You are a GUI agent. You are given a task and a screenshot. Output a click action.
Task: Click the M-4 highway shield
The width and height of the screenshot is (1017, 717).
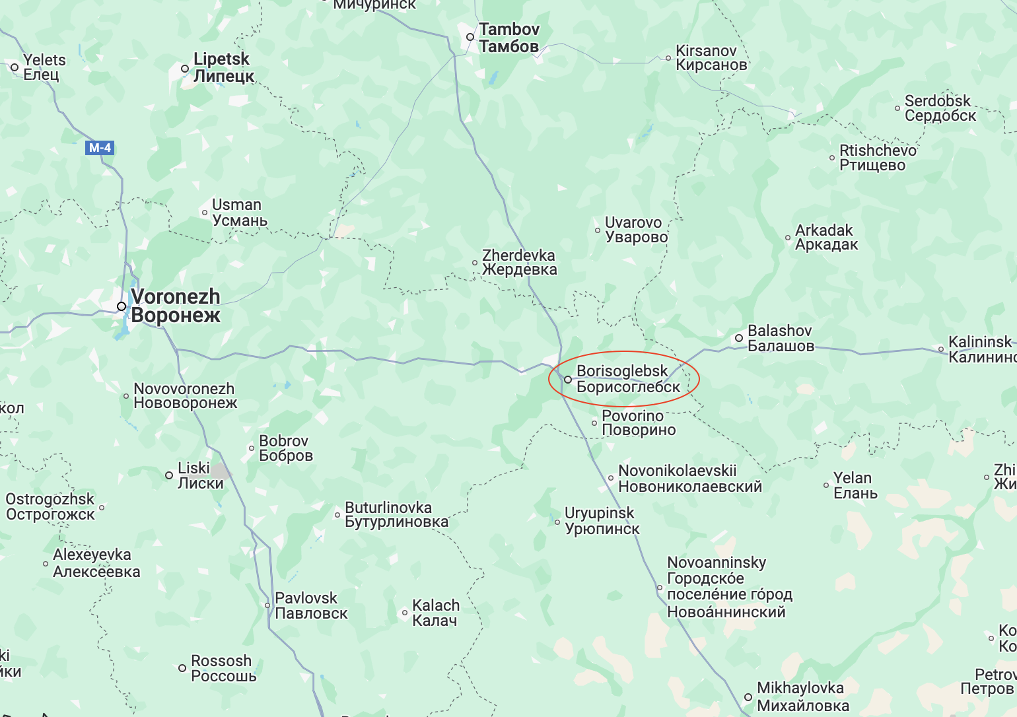[x=100, y=148]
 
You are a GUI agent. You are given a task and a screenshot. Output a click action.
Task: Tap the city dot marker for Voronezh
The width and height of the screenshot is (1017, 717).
[x=122, y=306]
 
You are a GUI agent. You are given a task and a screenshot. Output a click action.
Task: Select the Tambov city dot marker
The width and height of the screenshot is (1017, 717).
[x=470, y=37]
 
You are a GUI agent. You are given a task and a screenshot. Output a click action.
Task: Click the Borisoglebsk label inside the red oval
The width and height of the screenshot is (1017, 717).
[x=627, y=379]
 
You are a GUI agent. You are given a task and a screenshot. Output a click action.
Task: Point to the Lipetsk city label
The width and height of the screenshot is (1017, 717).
[x=223, y=67]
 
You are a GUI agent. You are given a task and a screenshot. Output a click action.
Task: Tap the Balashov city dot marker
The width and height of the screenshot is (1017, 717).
[x=739, y=338]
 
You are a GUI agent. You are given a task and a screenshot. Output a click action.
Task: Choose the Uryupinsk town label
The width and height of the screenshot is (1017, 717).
[x=602, y=521]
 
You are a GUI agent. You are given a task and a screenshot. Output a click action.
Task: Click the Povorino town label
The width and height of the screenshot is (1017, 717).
[x=638, y=423]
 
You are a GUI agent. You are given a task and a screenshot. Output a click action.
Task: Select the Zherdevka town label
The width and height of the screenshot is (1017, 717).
[x=519, y=262]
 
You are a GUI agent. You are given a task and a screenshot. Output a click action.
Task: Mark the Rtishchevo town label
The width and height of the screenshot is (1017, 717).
[x=877, y=158]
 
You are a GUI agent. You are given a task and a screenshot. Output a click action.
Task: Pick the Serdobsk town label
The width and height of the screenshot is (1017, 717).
[x=939, y=108]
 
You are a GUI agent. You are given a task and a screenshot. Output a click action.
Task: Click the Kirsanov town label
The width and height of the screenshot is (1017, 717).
[x=711, y=57]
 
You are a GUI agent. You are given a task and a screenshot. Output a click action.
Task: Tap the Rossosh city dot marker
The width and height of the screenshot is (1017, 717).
[x=182, y=668]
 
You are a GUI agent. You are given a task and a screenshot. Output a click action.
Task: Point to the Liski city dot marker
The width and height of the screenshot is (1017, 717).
[x=169, y=475]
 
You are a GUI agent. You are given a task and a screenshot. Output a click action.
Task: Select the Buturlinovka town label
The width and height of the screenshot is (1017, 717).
[x=396, y=514]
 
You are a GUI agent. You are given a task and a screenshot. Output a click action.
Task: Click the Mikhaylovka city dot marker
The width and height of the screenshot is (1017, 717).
[x=748, y=697]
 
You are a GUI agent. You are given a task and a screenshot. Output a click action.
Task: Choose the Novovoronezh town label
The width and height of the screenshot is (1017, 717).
[x=185, y=395]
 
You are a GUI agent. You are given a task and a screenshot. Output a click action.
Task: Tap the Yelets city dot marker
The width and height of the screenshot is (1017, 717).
[x=15, y=67]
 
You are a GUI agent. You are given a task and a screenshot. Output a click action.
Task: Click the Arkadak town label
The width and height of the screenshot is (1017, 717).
[x=825, y=237]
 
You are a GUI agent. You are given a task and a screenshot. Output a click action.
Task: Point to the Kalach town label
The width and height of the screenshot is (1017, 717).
[x=435, y=613]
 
